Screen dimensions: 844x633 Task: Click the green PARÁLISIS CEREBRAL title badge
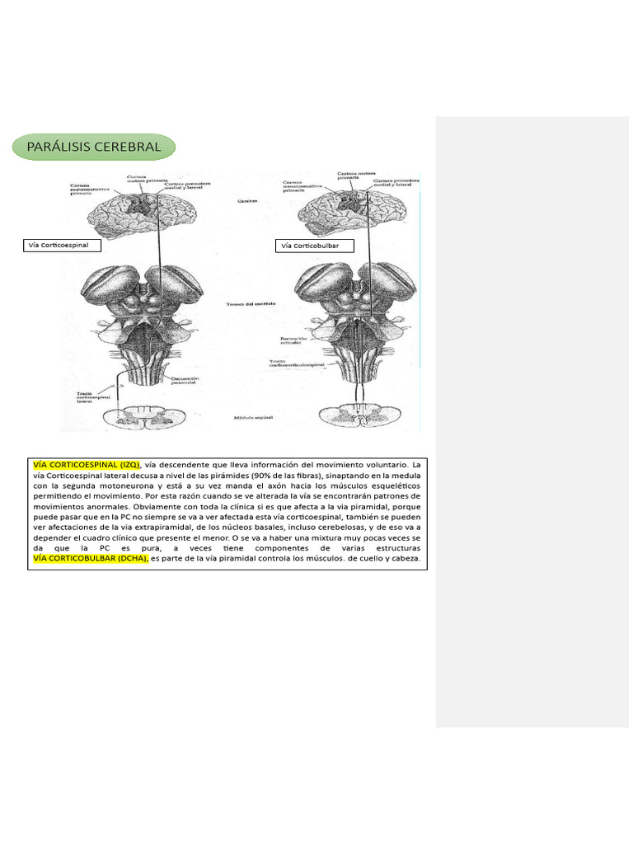pos(94,148)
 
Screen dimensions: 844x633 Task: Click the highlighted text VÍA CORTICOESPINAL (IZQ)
pos(86,465)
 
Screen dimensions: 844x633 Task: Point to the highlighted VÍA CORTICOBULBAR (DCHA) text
pos(90,559)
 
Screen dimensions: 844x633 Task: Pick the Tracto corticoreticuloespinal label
pos(294,363)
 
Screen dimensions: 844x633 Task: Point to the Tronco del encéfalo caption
pos(250,304)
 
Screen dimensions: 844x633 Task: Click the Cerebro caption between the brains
pos(248,200)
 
